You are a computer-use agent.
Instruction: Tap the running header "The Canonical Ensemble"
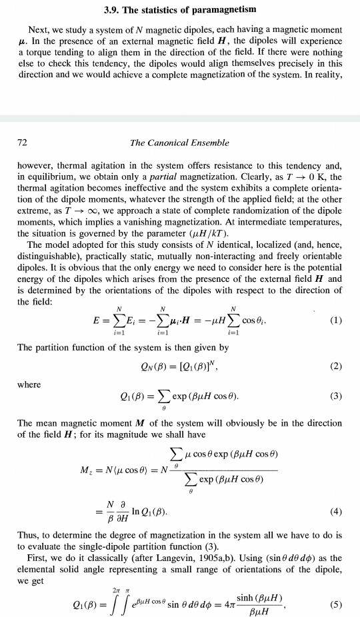click(179, 143)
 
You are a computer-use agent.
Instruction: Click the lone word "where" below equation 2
click(29, 384)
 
